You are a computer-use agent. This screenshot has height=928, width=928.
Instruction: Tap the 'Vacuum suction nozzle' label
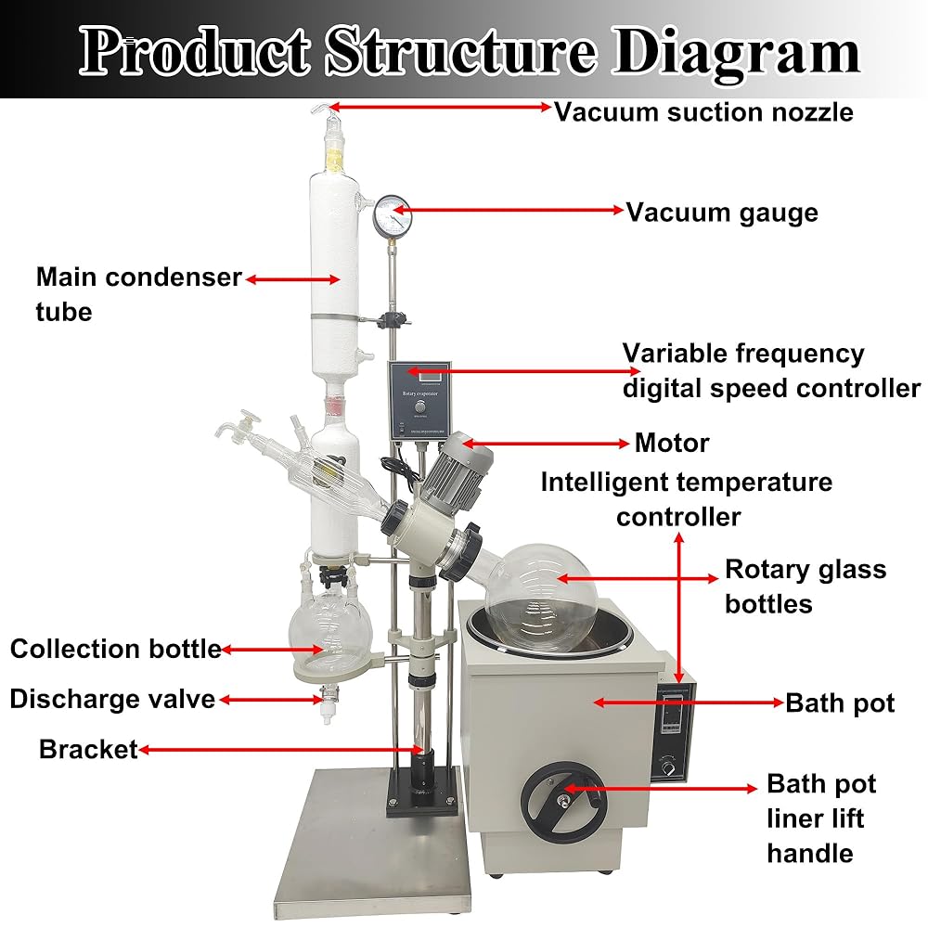[703, 112]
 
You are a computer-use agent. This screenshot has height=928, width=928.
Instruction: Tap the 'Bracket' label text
[88, 749]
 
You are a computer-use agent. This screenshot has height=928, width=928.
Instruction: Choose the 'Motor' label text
[672, 443]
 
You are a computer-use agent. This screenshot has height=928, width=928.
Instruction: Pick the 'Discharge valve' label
[112, 699]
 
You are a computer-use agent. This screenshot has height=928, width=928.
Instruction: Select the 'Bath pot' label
[840, 702]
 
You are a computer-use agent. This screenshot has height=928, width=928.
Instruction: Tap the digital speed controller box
[418, 399]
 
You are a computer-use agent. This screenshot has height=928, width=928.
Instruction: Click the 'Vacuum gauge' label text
[722, 212]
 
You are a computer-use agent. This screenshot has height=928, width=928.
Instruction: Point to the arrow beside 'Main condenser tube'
[290, 277]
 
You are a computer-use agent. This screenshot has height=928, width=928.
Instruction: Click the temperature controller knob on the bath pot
[667, 767]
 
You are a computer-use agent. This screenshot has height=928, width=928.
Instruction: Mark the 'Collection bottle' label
[115, 649]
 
